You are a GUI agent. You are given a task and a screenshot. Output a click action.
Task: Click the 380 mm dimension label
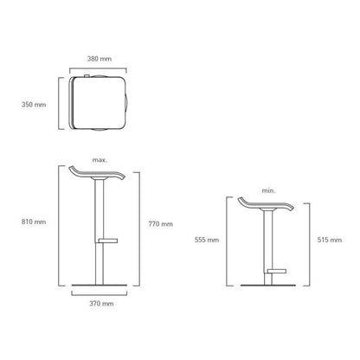pos(100,59)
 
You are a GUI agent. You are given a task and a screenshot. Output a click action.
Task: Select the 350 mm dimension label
pos(34,105)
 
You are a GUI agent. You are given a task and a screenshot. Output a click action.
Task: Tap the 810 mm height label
pos(34,222)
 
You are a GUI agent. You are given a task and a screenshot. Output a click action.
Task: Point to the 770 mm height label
pos(161,224)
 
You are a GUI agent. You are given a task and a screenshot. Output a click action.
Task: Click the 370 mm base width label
pos(101,304)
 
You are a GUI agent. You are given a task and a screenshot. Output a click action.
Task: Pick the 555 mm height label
pos(207,240)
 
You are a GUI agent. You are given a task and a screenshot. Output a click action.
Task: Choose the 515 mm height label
pos(330,240)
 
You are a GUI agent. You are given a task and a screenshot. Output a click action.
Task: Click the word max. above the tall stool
pos(100,160)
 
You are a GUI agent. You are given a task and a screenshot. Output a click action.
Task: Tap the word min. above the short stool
pos(268,190)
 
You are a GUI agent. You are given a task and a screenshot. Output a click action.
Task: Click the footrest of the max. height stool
pos(108,241)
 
